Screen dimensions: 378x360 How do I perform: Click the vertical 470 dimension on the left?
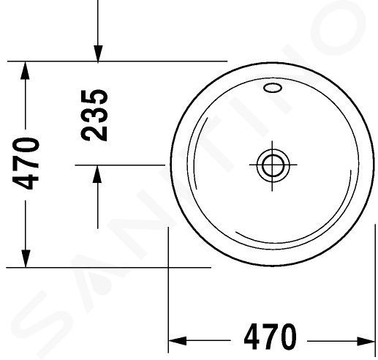click(x=26, y=163)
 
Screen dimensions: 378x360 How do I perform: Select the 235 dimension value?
click(x=94, y=115)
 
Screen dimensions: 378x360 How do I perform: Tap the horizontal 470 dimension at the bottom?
click(x=271, y=337)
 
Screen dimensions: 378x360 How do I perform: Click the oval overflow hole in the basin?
click(x=273, y=88)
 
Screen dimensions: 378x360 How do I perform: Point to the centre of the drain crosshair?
click(x=272, y=165)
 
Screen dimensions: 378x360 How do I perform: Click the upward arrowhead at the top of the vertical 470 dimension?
click(x=26, y=71)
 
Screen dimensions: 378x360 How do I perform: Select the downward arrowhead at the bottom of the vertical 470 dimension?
click(x=26, y=258)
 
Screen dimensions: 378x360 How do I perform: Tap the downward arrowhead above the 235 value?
click(x=98, y=54)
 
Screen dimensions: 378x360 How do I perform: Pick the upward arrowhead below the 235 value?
click(x=97, y=173)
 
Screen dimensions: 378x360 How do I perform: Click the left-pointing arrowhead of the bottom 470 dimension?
click(x=178, y=341)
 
